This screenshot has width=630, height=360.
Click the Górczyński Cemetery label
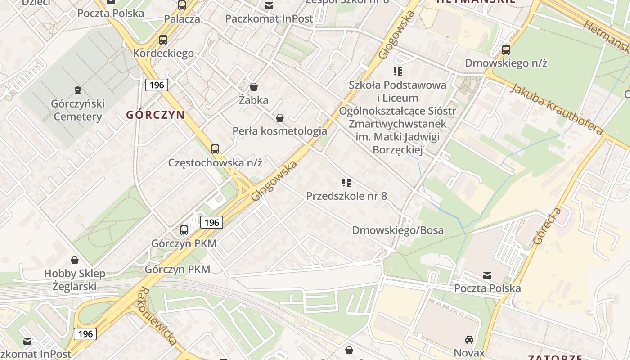tap(77, 110)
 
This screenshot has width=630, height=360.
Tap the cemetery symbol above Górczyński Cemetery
tap(78, 90)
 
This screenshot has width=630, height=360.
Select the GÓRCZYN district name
tap(155, 115)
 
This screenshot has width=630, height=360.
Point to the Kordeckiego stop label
tap(163, 53)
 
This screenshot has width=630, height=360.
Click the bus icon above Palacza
tap(182, 5)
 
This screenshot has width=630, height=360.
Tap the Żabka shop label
tap(253, 100)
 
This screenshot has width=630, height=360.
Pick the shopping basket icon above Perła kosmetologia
tap(280, 118)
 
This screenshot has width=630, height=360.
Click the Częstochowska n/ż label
tap(215, 162)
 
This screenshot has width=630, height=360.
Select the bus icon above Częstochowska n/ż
tap(215, 149)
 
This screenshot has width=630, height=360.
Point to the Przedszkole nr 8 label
tap(346, 196)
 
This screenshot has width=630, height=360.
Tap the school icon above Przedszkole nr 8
tap(346, 183)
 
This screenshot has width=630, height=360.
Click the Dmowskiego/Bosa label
tap(398, 230)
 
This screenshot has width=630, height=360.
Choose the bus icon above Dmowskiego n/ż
tap(506, 50)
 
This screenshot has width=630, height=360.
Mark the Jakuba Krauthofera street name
tap(556, 108)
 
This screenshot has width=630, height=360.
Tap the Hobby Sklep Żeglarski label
tap(75, 280)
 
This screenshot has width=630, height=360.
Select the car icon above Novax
tap(469, 340)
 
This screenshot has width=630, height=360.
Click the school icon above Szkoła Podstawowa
tap(398, 72)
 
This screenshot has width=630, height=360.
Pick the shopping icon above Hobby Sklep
tap(75, 260)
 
